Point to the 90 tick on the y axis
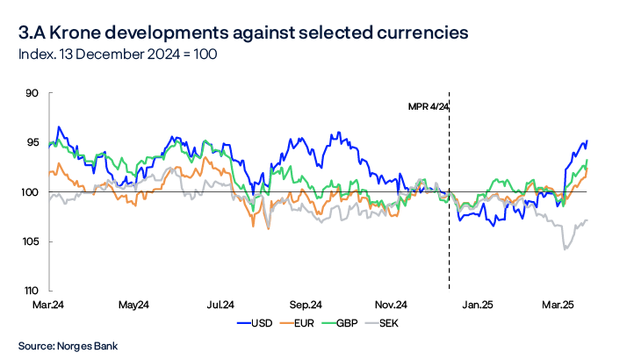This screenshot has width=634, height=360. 34,92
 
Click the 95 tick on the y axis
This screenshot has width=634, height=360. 34,142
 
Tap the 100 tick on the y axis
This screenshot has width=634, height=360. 32,192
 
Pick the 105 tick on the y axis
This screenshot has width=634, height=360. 32,241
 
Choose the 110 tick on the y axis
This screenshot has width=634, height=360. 32,291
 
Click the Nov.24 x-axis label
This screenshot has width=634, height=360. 391,305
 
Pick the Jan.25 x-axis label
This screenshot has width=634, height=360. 479,305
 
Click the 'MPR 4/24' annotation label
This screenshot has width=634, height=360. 426,106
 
